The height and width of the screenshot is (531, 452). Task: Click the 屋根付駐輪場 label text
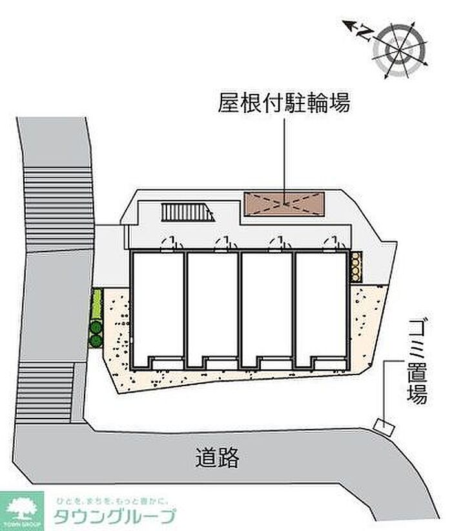(x=284, y=103)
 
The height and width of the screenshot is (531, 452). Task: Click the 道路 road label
(x=217, y=458)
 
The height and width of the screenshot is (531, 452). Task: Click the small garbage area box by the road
(x=383, y=426)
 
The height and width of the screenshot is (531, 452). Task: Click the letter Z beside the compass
(x=366, y=30)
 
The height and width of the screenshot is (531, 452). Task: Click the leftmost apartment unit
(x=158, y=307)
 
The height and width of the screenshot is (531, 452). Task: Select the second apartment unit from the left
(x=212, y=307)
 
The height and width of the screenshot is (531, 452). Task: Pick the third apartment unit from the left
(x=267, y=307)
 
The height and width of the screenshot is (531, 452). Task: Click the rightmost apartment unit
(x=322, y=307)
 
